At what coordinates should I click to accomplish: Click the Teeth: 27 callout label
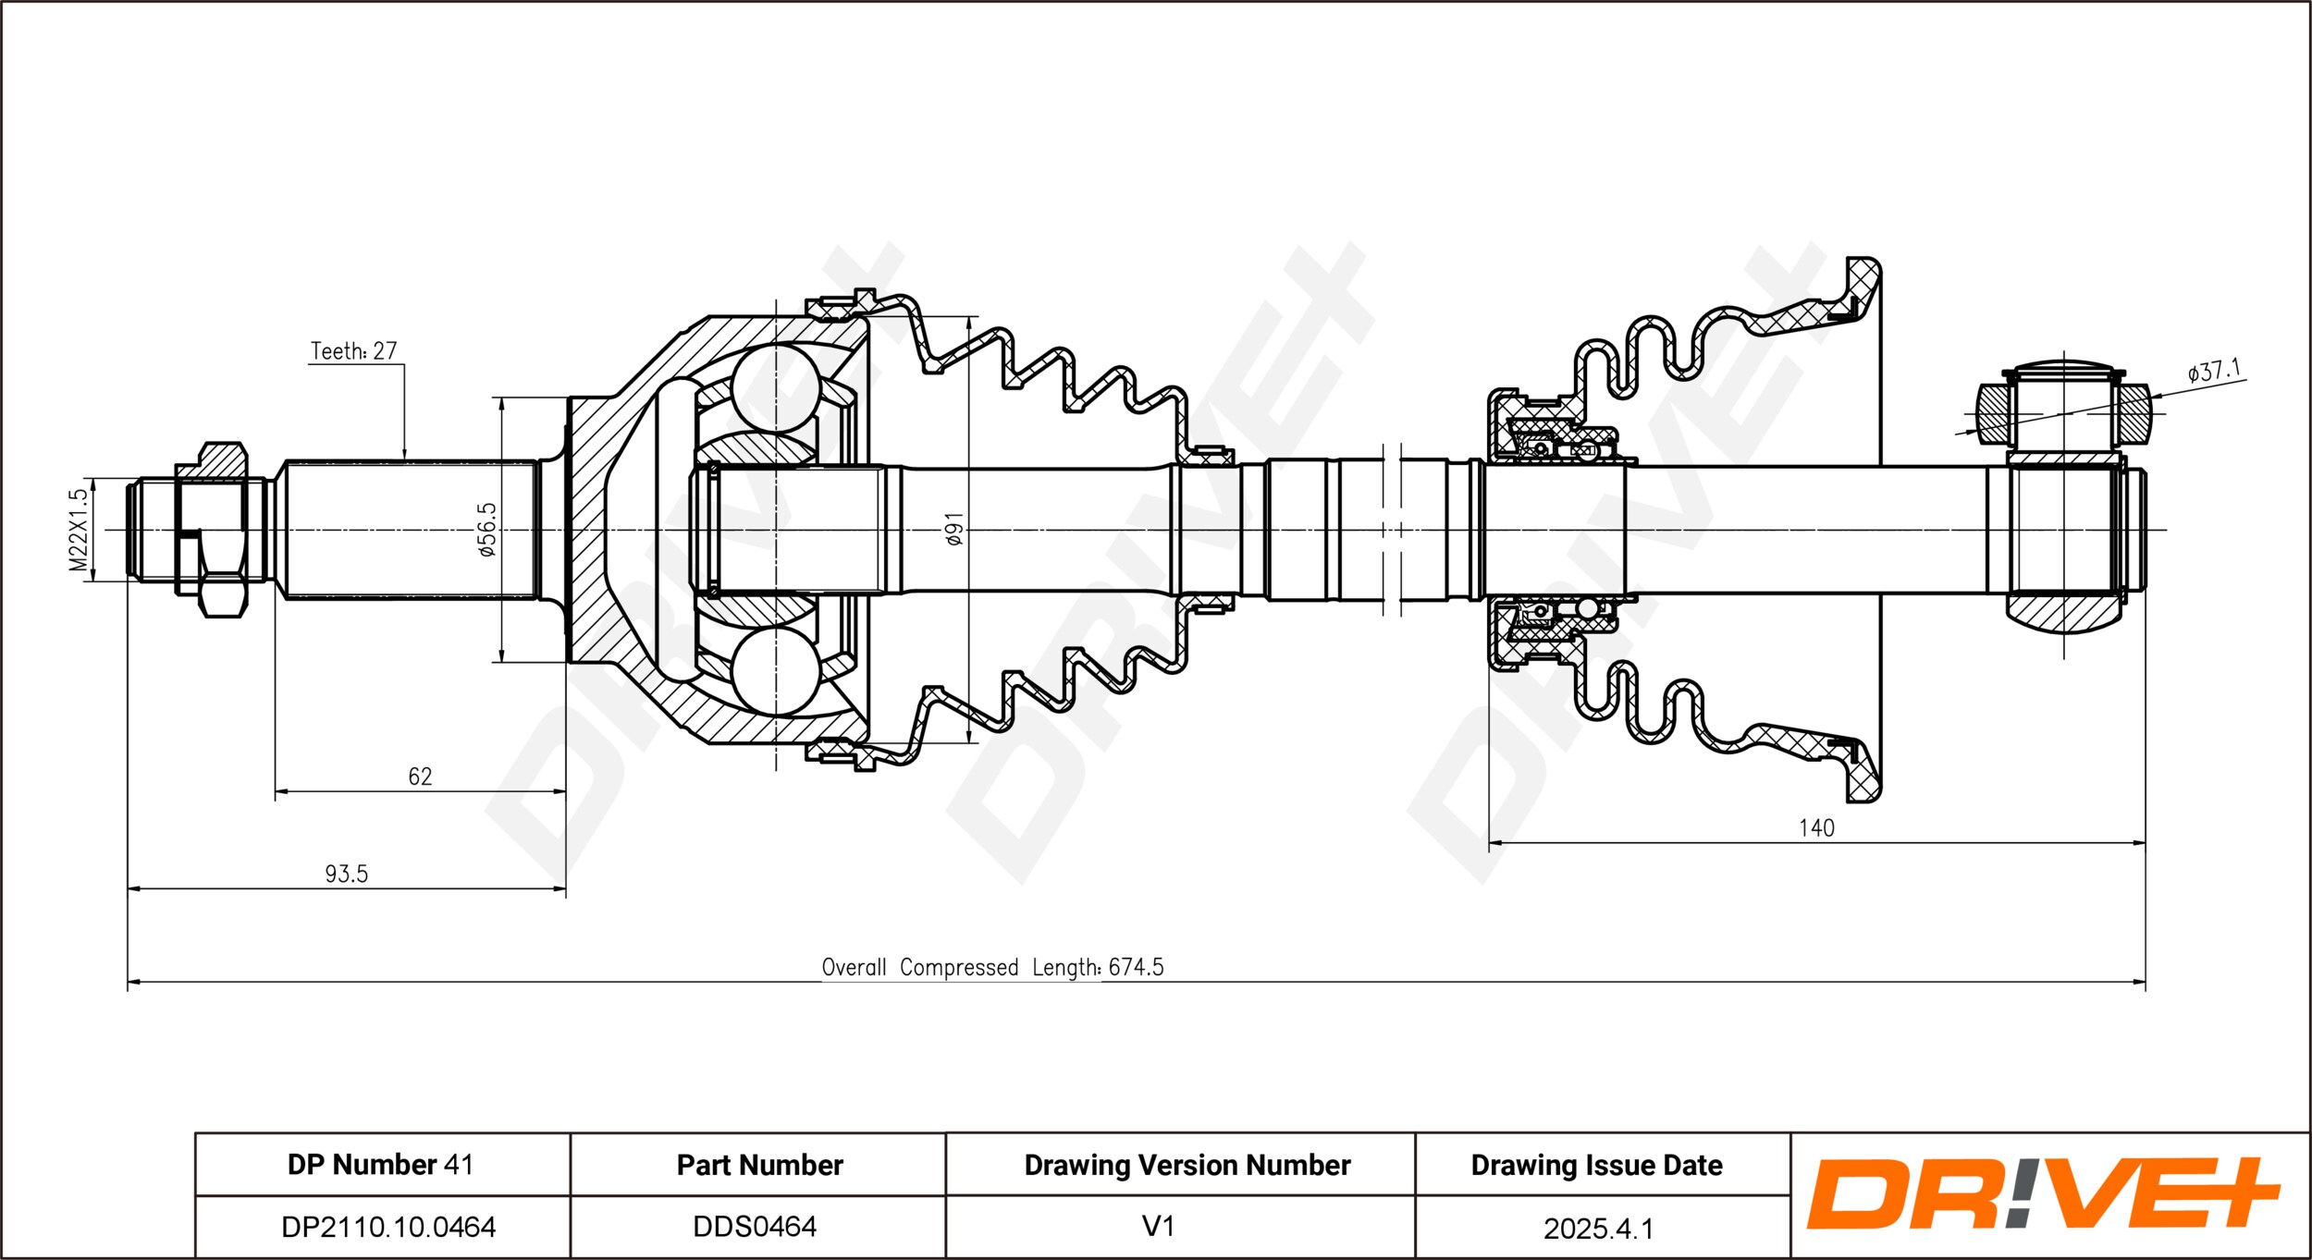(353, 351)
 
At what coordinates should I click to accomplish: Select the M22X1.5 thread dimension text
(80, 530)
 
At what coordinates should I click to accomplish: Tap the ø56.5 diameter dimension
(486, 530)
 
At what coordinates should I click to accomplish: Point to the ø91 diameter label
(954, 529)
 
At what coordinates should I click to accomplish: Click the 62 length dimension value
(420, 777)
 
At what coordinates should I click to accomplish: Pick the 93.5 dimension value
(346, 874)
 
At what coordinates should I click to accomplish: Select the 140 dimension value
(1816, 828)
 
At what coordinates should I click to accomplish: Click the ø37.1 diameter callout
(2214, 372)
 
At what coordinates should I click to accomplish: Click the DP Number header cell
(381, 1165)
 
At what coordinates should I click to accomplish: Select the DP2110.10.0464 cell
(388, 1227)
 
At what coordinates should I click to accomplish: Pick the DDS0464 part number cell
(756, 1227)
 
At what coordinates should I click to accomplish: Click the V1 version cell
(1158, 1227)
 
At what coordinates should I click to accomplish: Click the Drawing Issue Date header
(1597, 1166)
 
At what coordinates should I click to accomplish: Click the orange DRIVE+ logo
(2043, 1193)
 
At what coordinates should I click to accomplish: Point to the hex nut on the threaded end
(212, 530)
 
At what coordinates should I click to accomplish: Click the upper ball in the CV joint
(775, 387)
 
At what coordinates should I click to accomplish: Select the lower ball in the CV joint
(775, 672)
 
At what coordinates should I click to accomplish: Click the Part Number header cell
(760, 1165)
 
